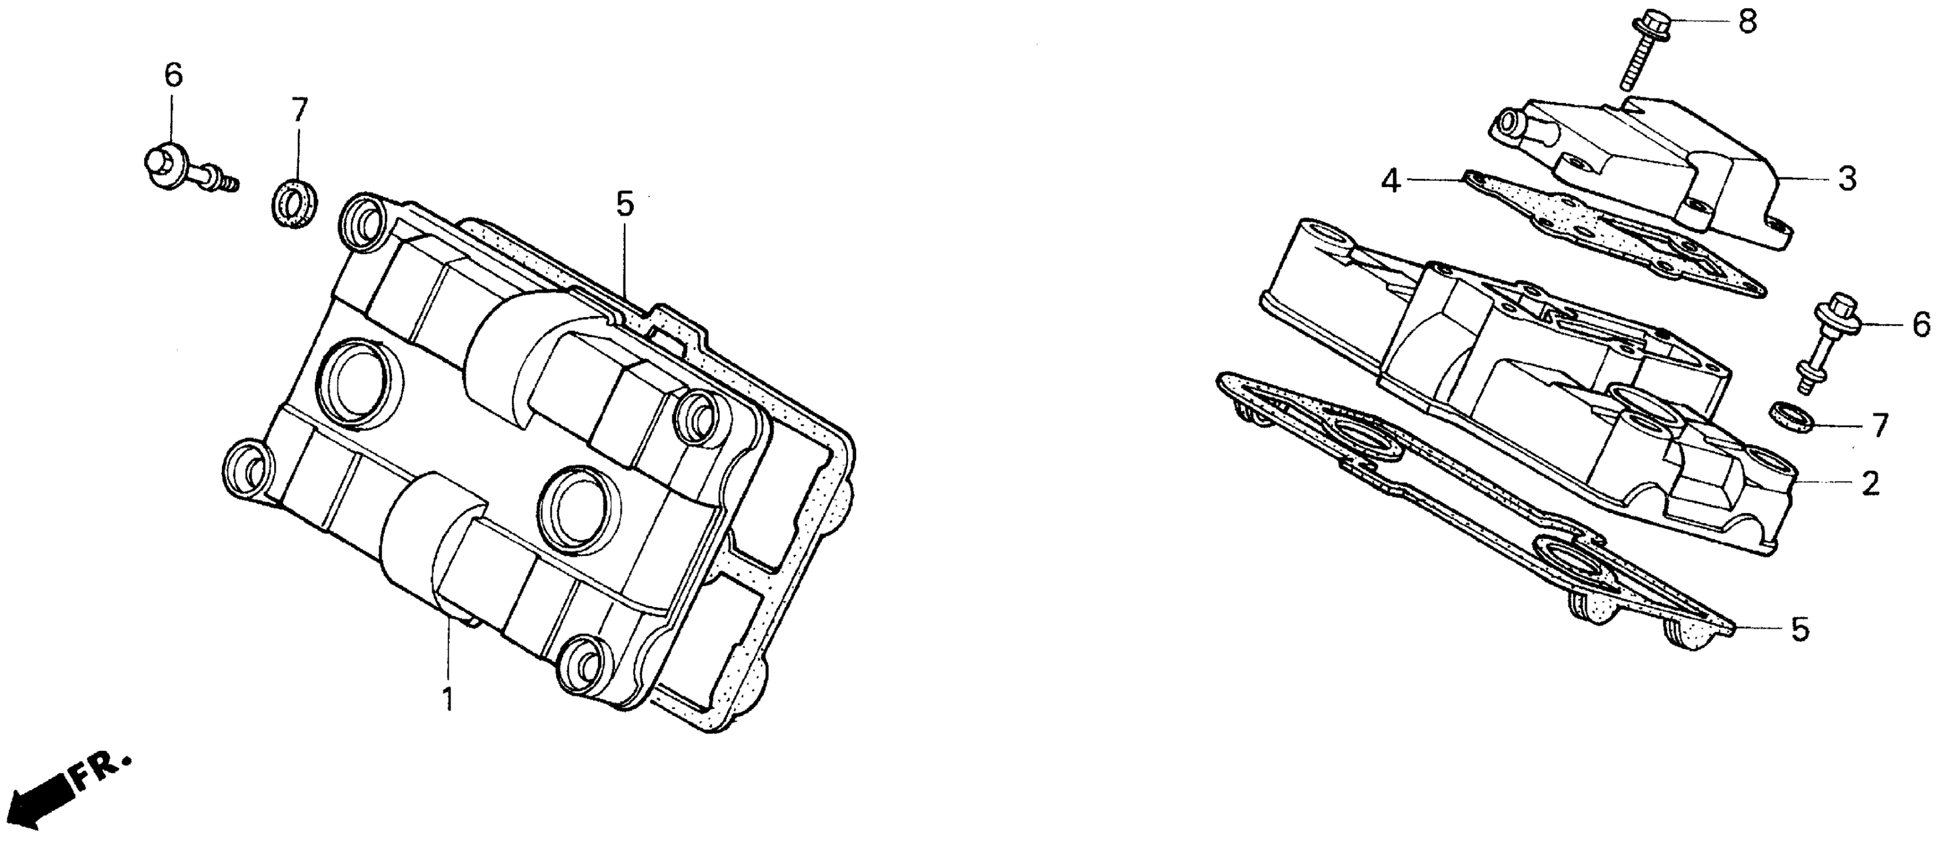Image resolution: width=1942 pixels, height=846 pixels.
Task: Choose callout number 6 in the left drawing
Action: click(x=173, y=76)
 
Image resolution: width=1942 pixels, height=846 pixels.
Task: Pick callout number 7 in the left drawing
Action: click(x=300, y=110)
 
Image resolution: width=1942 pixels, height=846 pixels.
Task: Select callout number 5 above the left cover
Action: click(x=625, y=205)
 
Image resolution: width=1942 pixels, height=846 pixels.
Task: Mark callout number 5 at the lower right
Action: click(x=1800, y=630)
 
